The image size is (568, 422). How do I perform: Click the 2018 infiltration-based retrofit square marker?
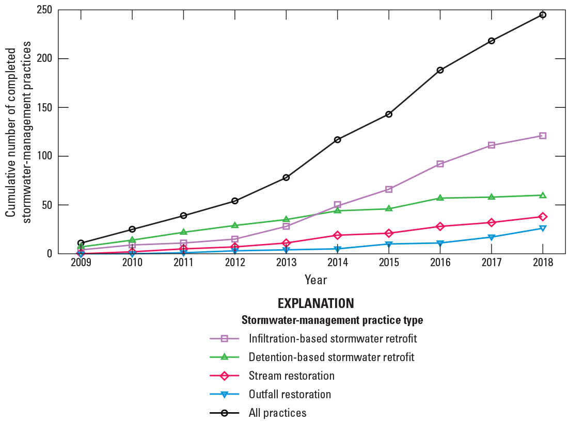coord(543,136)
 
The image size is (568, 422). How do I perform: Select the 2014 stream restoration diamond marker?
coord(338,235)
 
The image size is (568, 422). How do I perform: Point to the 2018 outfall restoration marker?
coord(543,228)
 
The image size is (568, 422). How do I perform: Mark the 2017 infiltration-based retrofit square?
coord(492,145)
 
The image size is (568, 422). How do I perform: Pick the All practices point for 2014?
coord(338,140)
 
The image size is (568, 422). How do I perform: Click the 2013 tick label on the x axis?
coord(286,263)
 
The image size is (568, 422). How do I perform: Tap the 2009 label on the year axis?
coord(81,263)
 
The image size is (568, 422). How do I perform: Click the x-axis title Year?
coord(315,280)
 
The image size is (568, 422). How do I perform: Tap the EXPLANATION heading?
coord(315,303)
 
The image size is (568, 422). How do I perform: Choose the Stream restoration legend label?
coord(291,376)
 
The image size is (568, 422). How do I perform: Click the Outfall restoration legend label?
coord(290,394)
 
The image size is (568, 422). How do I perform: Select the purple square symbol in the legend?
coord(225,339)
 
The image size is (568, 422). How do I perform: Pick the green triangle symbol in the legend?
coord(225,357)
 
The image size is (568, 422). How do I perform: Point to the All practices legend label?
coord(277,413)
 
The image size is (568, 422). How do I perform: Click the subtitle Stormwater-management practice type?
coord(332,320)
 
